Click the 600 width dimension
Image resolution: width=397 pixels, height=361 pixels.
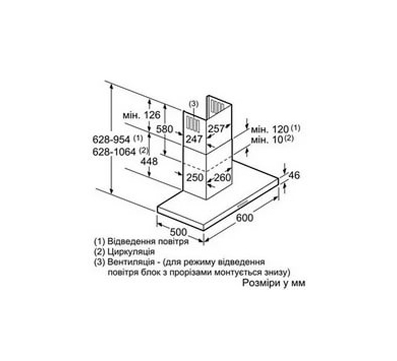click(244, 217)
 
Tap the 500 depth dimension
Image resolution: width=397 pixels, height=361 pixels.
click(178, 232)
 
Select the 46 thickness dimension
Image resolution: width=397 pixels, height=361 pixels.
click(294, 175)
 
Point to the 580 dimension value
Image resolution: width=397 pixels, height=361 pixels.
click(165, 129)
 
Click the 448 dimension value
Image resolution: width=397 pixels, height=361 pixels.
click(149, 161)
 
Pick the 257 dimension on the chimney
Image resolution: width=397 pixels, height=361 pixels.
click(216, 129)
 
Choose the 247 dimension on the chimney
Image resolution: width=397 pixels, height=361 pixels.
click(194, 139)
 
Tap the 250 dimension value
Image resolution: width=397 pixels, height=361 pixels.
click(195, 177)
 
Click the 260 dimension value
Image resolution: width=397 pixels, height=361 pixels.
click(223, 177)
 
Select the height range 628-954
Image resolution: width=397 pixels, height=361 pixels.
click(111, 139)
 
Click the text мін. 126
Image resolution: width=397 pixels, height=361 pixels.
click(141, 115)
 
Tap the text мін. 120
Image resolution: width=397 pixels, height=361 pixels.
click(270, 130)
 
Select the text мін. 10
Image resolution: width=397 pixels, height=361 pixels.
click(267, 140)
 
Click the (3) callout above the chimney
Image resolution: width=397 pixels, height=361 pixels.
click(194, 104)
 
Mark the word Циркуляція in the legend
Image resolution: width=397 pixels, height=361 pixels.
click(131, 252)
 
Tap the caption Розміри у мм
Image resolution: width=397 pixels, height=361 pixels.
click(274, 283)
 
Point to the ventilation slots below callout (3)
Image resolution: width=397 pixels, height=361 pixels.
click(193, 123)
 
